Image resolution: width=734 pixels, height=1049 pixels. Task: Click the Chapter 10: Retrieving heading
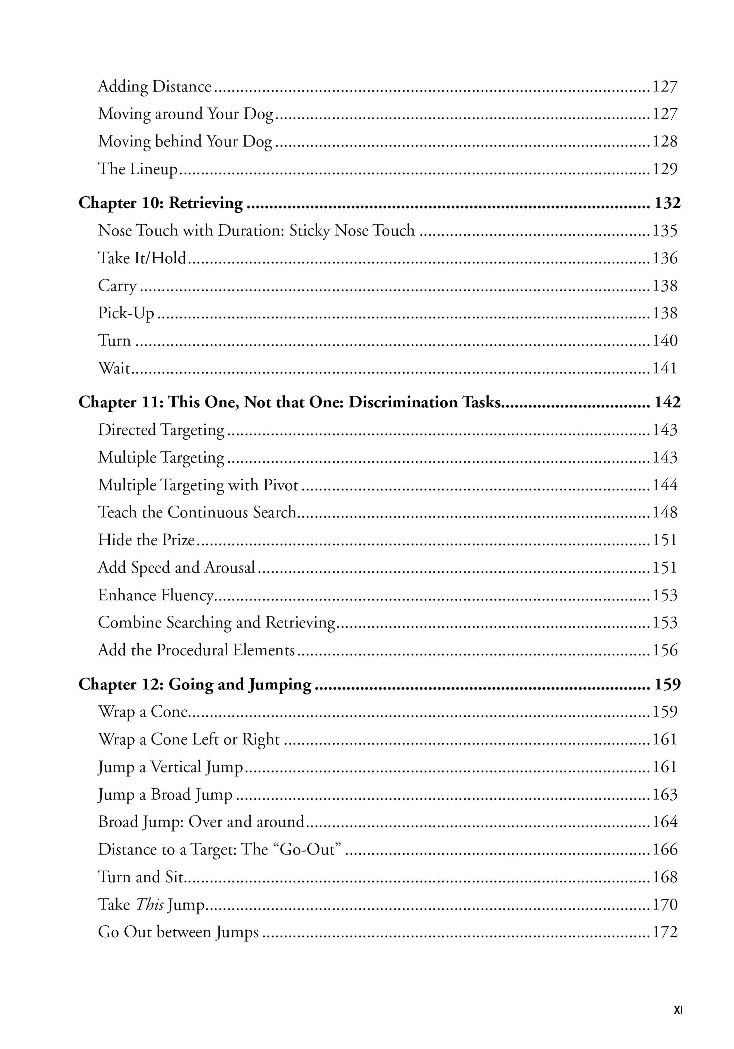[x=160, y=203]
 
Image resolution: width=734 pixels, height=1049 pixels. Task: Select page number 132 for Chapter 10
[x=667, y=203]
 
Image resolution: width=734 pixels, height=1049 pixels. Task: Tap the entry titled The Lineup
[x=138, y=169]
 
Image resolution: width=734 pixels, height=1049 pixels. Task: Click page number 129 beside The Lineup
[x=665, y=169]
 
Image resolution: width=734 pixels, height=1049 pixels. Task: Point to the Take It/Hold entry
[x=142, y=258]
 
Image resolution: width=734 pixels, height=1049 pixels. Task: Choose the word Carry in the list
[x=117, y=286]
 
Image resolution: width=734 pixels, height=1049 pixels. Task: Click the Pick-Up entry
[x=126, y=314]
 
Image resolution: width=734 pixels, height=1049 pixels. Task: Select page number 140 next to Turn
[x=665, y=341]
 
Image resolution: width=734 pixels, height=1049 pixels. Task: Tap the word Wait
[x=114, y=368]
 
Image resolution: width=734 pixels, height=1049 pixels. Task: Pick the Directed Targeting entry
[x=161, y=430]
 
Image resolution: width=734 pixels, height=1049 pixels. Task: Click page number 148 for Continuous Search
[x=665, y=513]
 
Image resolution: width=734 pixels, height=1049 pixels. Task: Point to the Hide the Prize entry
[x=146, y=540]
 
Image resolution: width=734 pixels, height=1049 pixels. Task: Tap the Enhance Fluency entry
[x=156, y=595]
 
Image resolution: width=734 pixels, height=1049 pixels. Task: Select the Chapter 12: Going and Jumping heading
[x=195, y=684]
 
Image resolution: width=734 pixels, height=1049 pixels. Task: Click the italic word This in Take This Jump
[x=150, y=905]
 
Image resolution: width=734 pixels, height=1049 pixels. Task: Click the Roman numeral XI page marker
[x=678, y=1010]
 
